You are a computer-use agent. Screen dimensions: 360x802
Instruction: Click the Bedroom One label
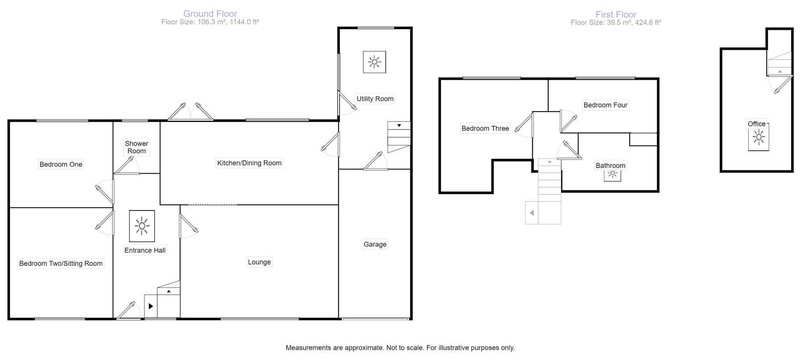coord(61,164)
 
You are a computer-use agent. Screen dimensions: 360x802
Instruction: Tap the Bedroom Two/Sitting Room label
coord(61,263)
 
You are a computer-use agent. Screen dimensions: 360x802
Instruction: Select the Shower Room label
coord(136,147)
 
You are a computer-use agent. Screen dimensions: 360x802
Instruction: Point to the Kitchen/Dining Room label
coord(249,163)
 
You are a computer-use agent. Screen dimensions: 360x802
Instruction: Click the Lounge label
coord(259,262)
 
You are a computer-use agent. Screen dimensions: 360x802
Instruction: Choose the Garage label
coord(375,244)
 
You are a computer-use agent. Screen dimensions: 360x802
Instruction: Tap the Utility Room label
coord(375,99)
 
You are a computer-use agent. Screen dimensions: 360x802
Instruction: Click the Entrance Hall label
coord(145,250)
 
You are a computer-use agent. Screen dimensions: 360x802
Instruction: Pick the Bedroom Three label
coord(485,128)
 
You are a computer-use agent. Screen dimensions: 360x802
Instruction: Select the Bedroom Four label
coord(605,105)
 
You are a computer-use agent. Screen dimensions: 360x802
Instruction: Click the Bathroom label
coord(610,166)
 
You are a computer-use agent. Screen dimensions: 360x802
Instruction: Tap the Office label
coord(757,124)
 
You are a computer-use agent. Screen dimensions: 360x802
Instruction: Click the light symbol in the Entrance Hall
coord(142,226)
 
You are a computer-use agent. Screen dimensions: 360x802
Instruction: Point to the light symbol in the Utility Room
coord(375,62)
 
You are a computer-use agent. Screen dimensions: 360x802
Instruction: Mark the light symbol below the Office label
coord(758,138)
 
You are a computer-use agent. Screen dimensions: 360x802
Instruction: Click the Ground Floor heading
coord(210,14)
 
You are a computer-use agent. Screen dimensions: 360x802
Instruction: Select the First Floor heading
coord(616,14)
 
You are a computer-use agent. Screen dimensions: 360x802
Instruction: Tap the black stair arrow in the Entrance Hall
coord(151,306)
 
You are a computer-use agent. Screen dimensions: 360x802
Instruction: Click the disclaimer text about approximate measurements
coord(400,348)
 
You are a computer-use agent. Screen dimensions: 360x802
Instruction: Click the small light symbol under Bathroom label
coord(612,174)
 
